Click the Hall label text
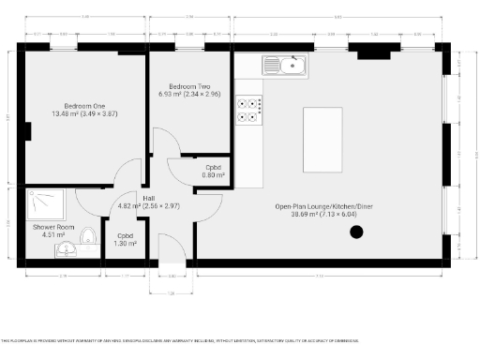click(148, 198)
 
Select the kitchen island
click(322, 140)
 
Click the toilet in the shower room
click(87, 234)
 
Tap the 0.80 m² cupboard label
click(213, 175)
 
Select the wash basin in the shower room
click(65, 250)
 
